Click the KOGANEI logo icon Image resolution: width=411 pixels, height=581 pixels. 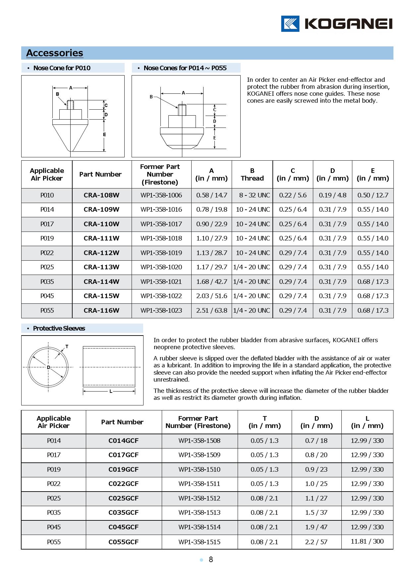pos(290,24)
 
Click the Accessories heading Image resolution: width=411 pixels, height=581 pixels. pos(55,53)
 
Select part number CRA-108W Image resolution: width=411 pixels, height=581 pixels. pos(101,195)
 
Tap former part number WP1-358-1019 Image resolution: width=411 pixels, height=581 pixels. pos(161,253)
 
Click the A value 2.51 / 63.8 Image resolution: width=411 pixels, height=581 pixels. pos(211,310)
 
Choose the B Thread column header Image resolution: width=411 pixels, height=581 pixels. pos(252,174)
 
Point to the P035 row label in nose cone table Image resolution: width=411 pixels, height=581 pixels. pos(47,282)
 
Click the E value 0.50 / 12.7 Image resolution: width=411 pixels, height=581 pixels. pos(373,195)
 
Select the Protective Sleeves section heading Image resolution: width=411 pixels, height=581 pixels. pos(59,328)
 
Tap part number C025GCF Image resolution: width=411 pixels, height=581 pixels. pos(123,498)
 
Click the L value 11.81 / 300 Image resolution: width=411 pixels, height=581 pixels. pos(367,541)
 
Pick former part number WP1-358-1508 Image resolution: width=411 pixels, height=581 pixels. pos(199,441)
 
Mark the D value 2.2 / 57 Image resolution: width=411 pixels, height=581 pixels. pos(316,542)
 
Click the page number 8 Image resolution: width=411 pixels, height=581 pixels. pos(211,559)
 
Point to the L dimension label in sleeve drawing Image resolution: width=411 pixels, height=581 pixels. pos(111,391)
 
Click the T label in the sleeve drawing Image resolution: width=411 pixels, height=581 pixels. pos(67,346)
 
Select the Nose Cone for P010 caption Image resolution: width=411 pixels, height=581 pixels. pos(62,68)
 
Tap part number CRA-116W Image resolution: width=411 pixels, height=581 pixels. pos(101,310)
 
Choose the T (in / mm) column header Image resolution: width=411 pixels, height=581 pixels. pos(264,422)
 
